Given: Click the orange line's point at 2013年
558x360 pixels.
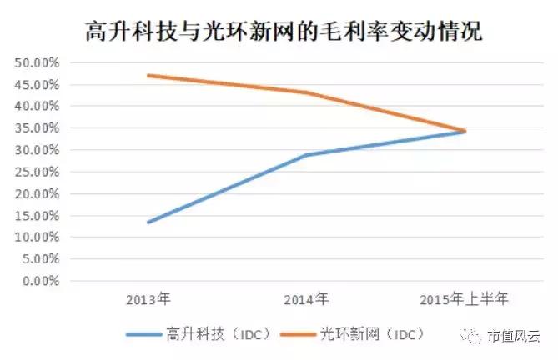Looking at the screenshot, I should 148,76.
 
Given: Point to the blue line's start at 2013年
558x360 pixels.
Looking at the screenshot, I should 148,222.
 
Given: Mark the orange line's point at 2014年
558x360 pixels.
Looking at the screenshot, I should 306,92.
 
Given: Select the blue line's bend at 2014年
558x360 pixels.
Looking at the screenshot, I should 306,155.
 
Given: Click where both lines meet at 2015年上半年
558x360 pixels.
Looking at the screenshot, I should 464,131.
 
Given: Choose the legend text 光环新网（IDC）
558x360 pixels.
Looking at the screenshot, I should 372,333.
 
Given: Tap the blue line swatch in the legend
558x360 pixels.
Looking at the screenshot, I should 150,334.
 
